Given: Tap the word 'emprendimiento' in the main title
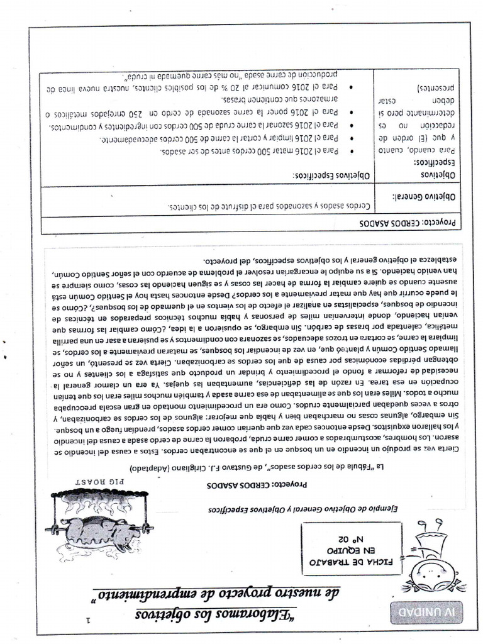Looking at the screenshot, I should coord(151,591).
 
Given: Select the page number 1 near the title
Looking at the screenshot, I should coord(88,619).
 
